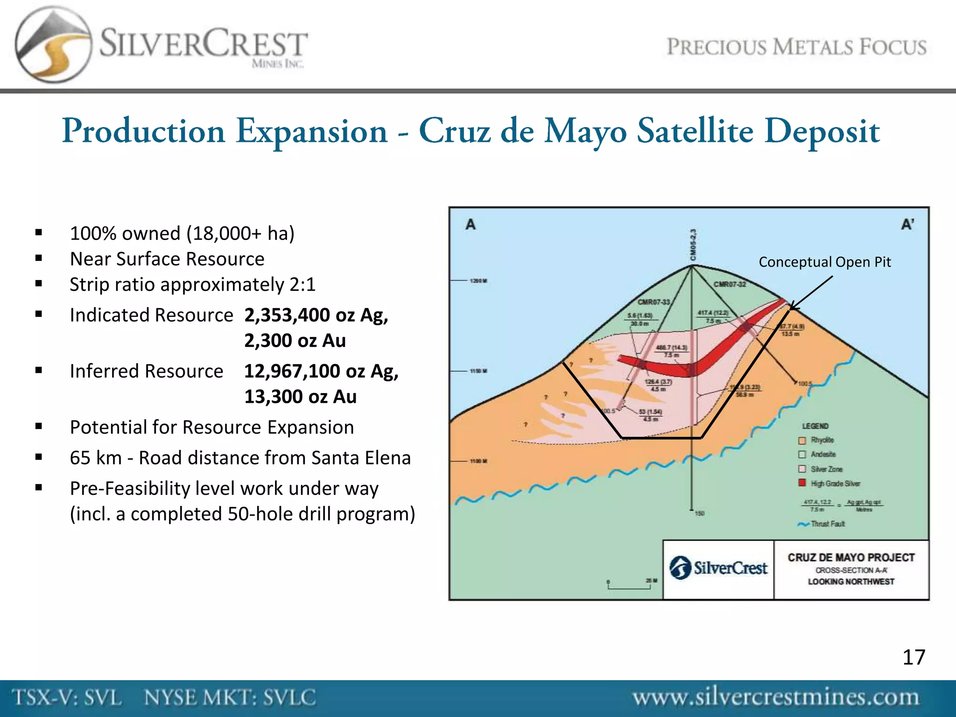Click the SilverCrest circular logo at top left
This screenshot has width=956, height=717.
(x=52, y=45)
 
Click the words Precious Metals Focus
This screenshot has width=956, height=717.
(x=796, y=47)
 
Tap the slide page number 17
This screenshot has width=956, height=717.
(x=914, y=657)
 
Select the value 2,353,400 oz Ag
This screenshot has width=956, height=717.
(x=316, y=315)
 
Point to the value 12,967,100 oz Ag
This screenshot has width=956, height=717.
(x=321, y=371)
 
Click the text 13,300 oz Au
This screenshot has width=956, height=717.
(x=300, y=397)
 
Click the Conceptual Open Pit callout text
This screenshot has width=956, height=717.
(x=824, y=262)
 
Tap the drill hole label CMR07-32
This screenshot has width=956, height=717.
(x=730, y=284)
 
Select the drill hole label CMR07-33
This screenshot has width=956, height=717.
(x=654, y=302)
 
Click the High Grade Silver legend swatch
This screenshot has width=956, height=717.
(x=802, y=483)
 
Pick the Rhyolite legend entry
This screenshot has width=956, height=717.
(x=822, y=440)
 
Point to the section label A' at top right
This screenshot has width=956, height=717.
(x=907, y=225)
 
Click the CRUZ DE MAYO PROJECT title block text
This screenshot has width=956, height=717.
(x=851, y=557)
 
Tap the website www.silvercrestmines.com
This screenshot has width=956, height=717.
(x=775, y=697)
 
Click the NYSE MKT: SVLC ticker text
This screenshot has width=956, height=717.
(x=230, y=698)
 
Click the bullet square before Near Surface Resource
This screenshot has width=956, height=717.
(x=39, y=258)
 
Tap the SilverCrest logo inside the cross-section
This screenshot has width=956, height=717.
(x=718, y=568)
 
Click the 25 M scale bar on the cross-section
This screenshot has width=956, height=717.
(x=630, y=585)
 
